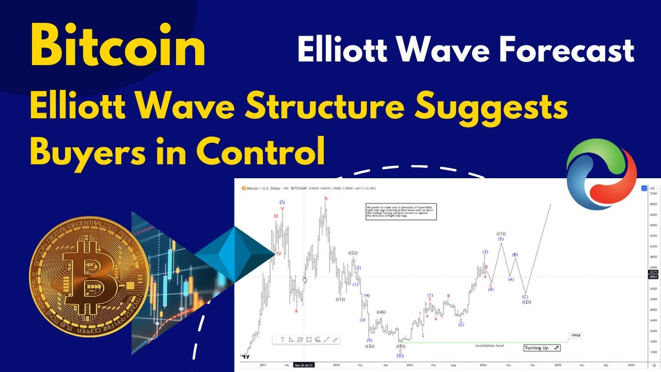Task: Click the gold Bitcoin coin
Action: [89, 276]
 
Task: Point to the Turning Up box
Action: [542, 348]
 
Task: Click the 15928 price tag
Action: [575, 335]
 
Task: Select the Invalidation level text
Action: [490, 345]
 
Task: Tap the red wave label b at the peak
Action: [325, 198]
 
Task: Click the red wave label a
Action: [296, 311]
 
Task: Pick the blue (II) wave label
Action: [400, 355]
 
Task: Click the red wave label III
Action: [276, 216]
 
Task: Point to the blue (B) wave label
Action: [515, 255]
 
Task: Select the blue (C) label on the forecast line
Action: [525, 297]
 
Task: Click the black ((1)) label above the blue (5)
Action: [501, 234]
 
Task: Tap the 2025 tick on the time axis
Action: [558, 365]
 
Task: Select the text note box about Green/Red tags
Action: [401, 211]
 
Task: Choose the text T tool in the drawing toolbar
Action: [282, 339]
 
